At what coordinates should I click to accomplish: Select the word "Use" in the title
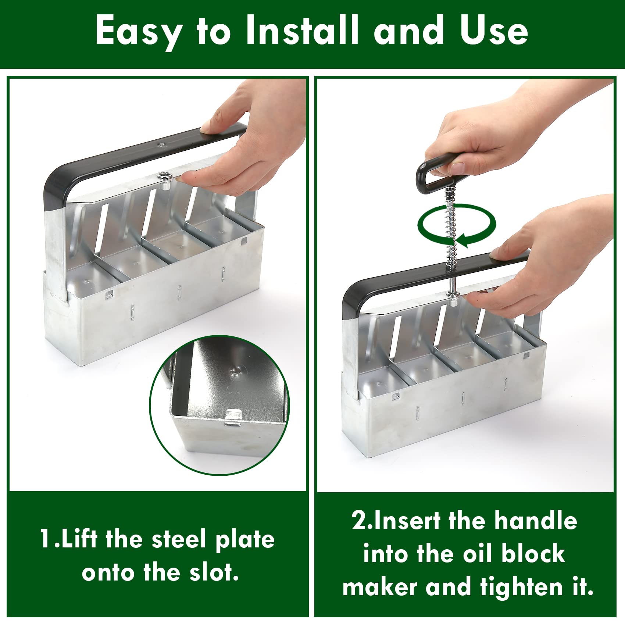pyautogui.click(x=494, y=30)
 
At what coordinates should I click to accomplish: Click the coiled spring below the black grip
pyautogui.click(x=452, y=228)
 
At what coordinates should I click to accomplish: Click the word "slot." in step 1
pyautogui.click(x=215, y=572)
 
